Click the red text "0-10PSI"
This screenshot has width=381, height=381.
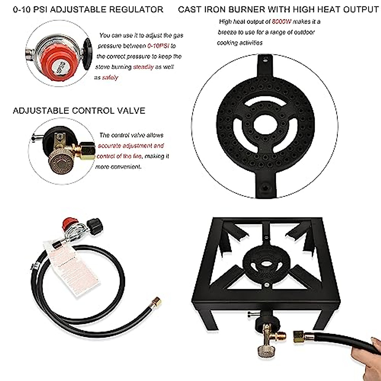158,46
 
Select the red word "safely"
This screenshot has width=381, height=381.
110,77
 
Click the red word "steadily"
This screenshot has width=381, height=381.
144,67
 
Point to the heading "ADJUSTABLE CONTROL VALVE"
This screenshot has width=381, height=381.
79,111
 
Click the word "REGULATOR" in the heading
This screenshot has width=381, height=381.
137,10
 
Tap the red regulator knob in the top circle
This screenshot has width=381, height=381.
59,60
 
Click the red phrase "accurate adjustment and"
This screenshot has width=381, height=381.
131,146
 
